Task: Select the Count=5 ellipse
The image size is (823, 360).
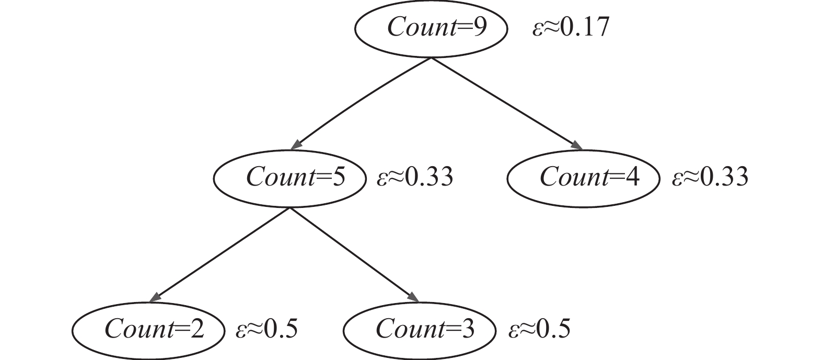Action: [x=289, y=178]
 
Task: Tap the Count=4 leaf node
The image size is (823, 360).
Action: [x=582, y=178]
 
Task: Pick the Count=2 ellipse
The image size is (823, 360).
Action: [x=148, y=330]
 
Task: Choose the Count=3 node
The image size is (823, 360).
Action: [x=419, y=330]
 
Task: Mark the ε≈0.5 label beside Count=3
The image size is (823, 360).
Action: [x=539, y=329]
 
